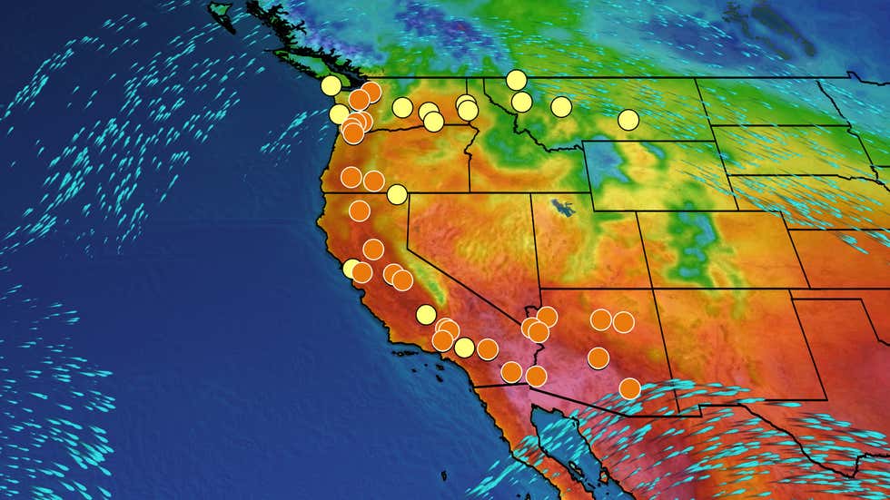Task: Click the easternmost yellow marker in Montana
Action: (628, 119)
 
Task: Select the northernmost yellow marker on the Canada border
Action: (516, 79)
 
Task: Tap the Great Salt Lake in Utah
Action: (565, 208)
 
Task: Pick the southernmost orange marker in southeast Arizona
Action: (629, 388)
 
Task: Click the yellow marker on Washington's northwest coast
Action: (331, 85)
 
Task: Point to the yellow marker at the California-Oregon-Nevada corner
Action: (397, 194)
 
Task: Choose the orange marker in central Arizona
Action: (598, 358)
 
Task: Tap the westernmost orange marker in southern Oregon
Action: (351, 177)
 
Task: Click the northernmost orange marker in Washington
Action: (371, 92)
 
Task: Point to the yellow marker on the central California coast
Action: (352, 268)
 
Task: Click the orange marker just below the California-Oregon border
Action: (360, 211)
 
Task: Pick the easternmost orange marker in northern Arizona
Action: (623, 321)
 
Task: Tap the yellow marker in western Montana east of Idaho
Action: (561, 106)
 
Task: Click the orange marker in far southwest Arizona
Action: (536, 376)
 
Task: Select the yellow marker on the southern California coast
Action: (464, 347)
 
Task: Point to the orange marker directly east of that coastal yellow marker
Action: (488, 348)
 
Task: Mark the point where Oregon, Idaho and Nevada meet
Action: (470, 192)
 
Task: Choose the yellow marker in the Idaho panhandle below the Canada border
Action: (521, 102)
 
